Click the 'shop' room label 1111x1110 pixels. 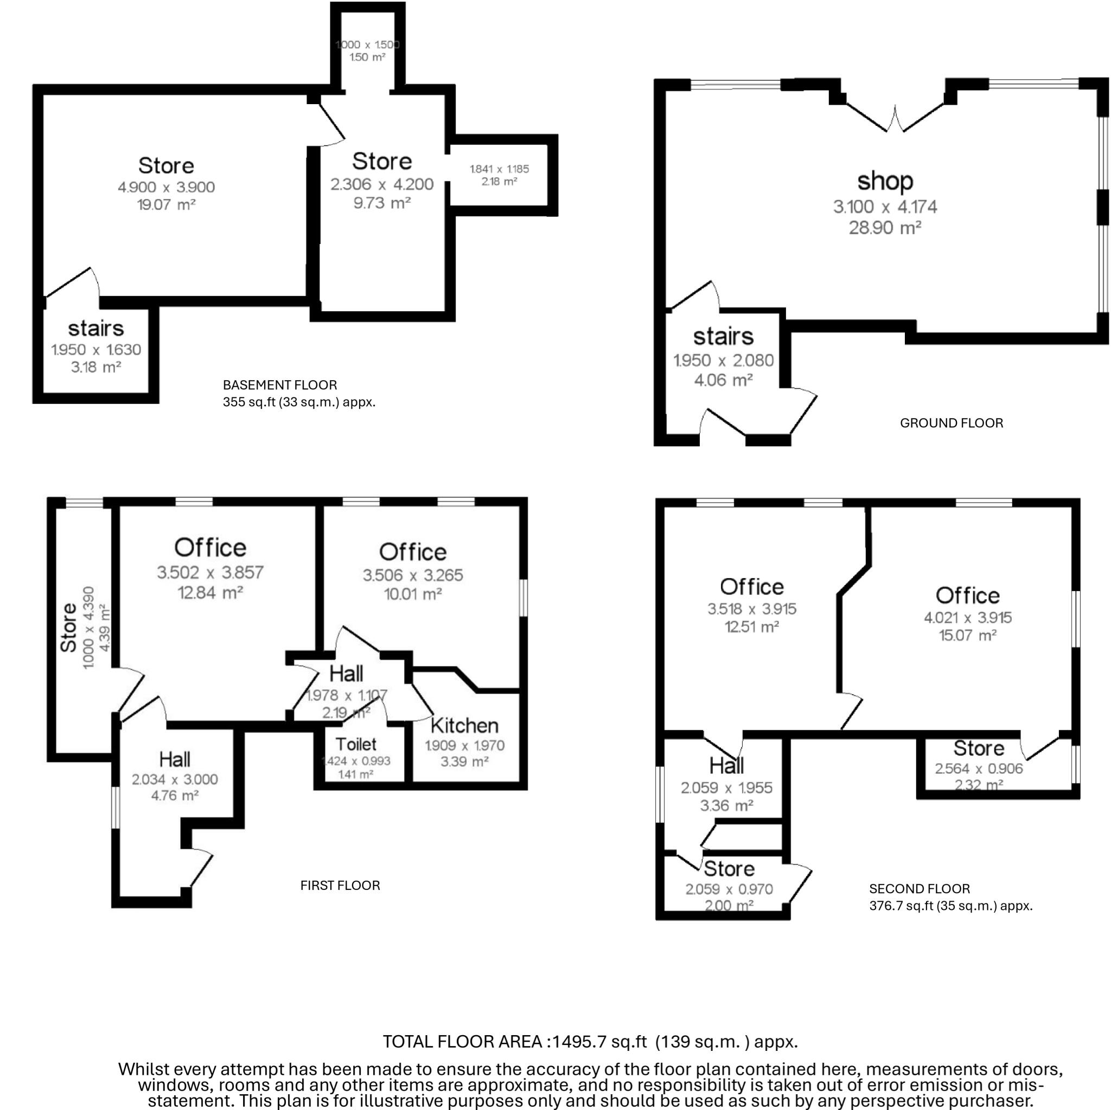click(884, 181)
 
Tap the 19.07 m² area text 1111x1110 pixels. click(166, 204)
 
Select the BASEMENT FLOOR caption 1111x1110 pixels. click(279, 384)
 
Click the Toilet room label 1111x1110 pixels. click(356, 744)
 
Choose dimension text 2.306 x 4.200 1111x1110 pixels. click(382, 184)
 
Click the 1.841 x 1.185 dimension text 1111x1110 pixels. click(499, 169)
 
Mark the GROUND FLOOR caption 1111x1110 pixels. click(951, 423)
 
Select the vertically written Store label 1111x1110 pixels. click(68, 627)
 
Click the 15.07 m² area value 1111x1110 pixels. click(967, 635)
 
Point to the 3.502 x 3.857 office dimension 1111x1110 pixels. click(210, 572)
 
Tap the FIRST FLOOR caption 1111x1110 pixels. click(340, 886)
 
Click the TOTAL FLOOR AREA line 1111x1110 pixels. click(590, 1042)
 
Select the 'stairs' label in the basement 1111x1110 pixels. click(95, 328)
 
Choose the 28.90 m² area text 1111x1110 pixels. click(884, 228)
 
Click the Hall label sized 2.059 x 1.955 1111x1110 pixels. click(726, 766)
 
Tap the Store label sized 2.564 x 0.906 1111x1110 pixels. click(979, 748)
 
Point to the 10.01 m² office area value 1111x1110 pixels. click(412, 594)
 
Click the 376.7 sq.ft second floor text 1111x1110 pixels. click(950, 906)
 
